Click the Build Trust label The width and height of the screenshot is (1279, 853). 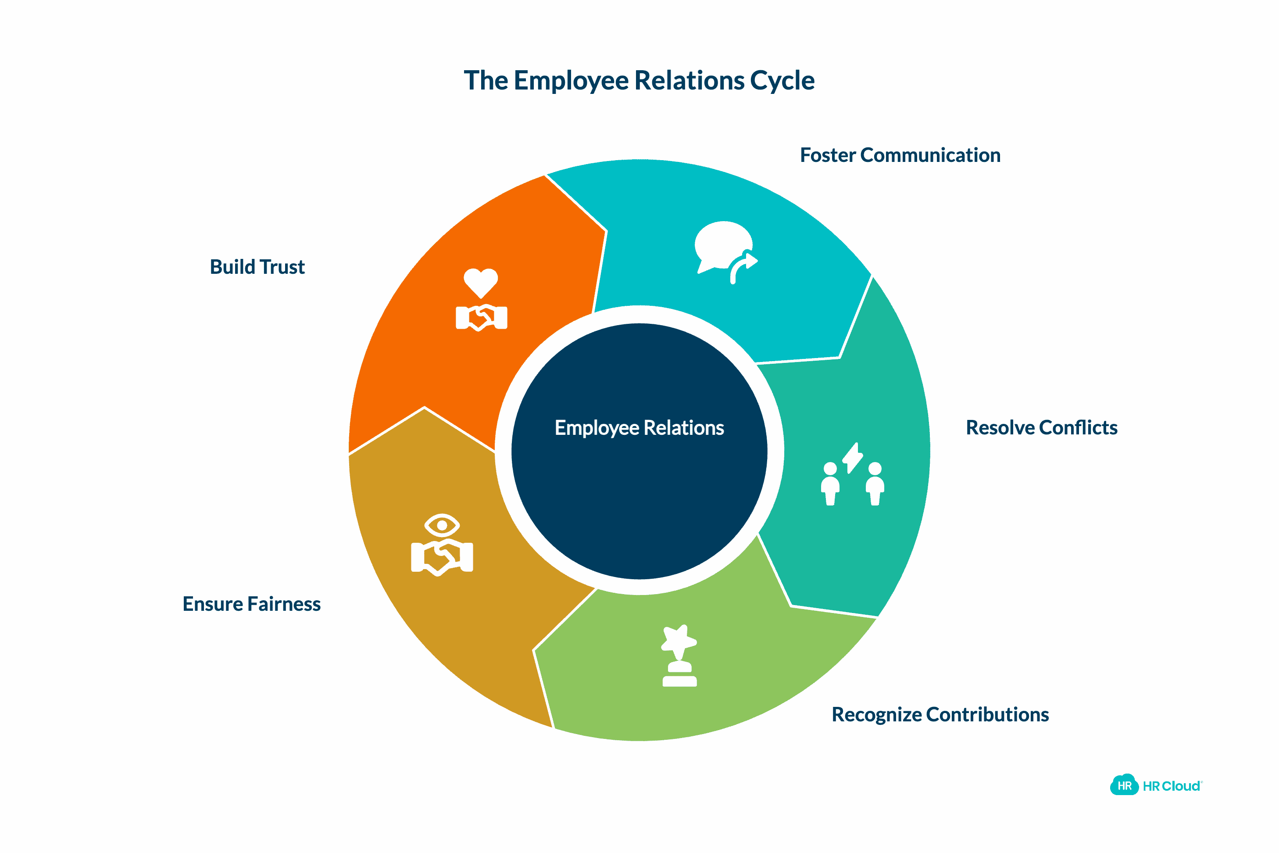pyautogui.click(x=257, y=267)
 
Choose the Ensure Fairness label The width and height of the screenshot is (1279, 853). pyautogui.click(x=251, y=604)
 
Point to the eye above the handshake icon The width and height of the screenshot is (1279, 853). pyautogui.click(x=442, y=526)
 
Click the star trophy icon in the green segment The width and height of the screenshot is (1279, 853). pyautogui.click(x=679, y=642)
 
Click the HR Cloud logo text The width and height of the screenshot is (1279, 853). pyautogui.click(x=1172, y=787)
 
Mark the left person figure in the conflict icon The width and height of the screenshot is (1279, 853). pyautogui.click(x=830, y=484)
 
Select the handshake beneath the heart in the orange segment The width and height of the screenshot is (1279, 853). pyautogui.click(x=481, y=318)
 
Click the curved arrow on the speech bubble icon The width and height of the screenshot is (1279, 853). pyautogui.click(x=743, y=267)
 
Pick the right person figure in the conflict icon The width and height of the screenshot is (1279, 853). pyautogui.click(x=875, y=484)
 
